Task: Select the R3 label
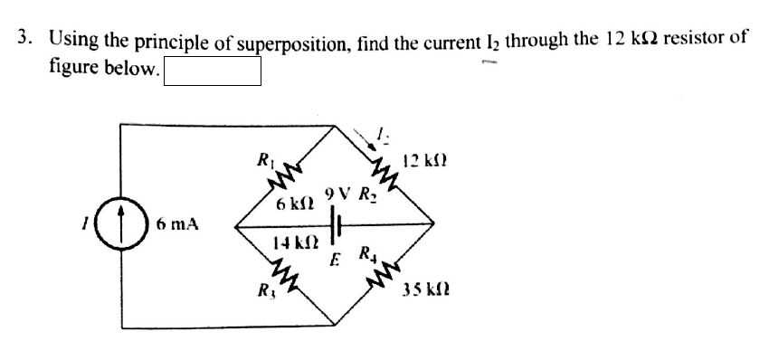[265, 291]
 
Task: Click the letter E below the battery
[334, 262]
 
